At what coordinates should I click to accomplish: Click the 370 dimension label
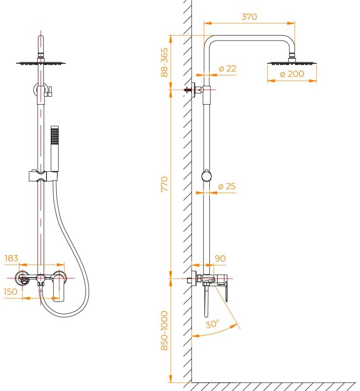tap(249, 17)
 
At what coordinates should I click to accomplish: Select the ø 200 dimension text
tap(292, 74)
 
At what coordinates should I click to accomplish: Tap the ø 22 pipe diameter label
tap(227, 69)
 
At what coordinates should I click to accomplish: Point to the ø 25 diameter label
tap(227, 186)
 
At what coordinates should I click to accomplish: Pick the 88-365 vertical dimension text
tap(164, 62)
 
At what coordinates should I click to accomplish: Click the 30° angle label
tap(212, 324)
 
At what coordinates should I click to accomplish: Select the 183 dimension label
tap(12, 258)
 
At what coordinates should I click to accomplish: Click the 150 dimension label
tap(10, 292)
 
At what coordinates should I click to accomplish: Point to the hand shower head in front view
tap(55, 134)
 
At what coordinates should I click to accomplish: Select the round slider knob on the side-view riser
tap(207, 175)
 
